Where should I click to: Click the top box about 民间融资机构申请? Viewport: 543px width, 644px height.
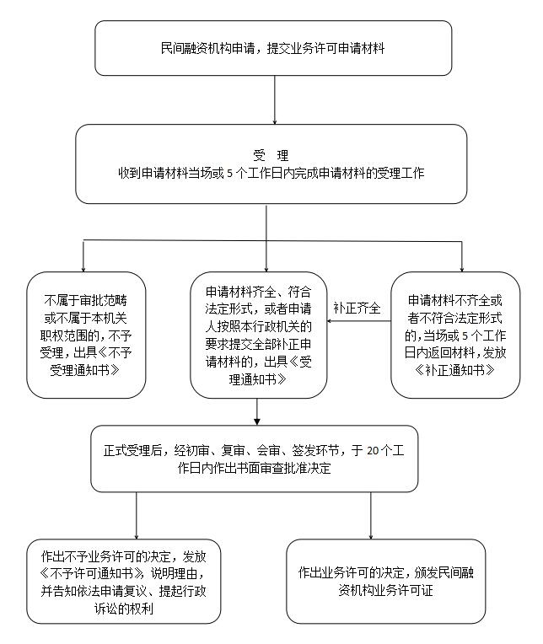(x=273, y=48)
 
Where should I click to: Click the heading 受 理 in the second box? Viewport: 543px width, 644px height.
(x=271, y=156)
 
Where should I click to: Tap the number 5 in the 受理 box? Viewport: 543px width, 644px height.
(x=229, y=174)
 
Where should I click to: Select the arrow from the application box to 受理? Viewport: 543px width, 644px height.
(x=274, y=99)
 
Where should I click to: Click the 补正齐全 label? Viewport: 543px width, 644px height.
(x=357, y=308)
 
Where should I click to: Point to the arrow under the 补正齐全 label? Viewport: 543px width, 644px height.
(x=358, y=321)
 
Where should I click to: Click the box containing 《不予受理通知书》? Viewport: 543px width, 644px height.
(x=86, y=335)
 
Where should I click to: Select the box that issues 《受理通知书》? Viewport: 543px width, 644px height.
(x=258, y=335)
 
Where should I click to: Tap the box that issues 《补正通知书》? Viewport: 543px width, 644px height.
(x=455, y=335)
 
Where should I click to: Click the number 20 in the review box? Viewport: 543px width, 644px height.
(x=373, y=451)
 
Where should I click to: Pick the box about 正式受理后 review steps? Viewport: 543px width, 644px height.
(x=255, y=459)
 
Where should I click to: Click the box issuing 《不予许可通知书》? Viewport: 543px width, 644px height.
(x=124, y=582)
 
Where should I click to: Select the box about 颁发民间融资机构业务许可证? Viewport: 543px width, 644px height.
(x=385, y=582)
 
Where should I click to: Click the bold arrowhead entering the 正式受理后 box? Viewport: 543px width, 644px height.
(x=257, y=421)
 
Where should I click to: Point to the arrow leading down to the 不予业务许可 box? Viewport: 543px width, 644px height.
(x=137, y=515)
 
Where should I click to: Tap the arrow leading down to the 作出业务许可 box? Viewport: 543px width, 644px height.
(x=371, y=515)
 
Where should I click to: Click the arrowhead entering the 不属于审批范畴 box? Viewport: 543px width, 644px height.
(x=83, y=270)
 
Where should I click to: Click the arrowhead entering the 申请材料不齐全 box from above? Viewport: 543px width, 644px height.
(x=462, y=270)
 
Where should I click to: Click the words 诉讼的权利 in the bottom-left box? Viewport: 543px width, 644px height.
(x=124, y=609)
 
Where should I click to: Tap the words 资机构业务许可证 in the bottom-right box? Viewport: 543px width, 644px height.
(x=385, y=591)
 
